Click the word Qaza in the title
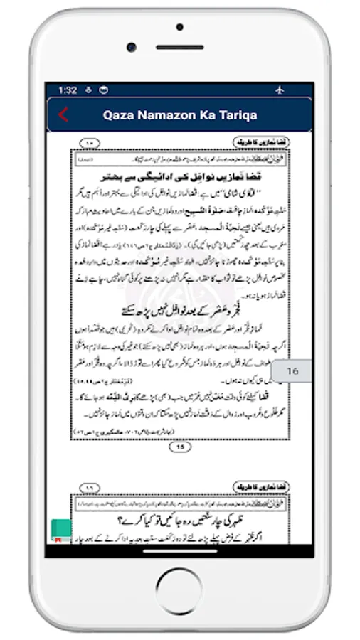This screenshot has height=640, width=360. [120, 115]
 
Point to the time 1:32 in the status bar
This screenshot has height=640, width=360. [68, 90]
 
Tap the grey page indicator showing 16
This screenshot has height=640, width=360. [292, 370]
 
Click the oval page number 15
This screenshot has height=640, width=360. [180, 447]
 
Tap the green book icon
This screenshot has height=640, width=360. [60, 530]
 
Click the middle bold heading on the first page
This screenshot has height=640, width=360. [180, 311]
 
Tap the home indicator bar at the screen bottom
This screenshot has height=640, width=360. [180, 550]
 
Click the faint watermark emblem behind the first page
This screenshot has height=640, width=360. [180, 284]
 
